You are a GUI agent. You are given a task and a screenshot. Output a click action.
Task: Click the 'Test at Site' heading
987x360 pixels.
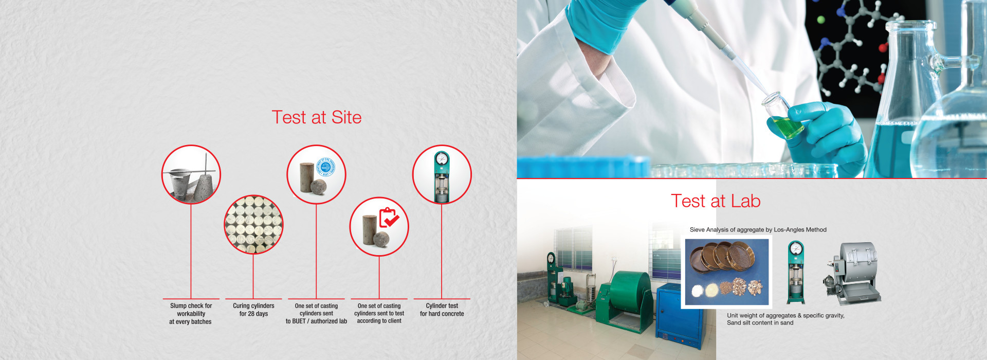317,117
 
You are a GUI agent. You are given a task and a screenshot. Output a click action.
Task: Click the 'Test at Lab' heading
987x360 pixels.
716,201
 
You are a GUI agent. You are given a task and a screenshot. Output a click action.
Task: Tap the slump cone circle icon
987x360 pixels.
191,174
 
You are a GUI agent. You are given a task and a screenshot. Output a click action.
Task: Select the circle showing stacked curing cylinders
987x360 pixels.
253,224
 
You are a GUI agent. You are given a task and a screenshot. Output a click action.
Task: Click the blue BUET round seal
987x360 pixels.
325,168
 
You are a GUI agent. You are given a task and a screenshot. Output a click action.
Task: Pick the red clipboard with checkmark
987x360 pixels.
389,218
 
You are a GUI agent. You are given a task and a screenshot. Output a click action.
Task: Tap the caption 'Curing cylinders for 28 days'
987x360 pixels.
253,310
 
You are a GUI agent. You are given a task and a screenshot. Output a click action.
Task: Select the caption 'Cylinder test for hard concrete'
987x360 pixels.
442,310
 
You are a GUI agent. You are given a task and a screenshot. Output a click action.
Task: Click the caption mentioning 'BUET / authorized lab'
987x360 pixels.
316,313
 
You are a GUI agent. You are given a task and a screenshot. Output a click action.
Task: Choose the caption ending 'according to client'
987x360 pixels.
379,313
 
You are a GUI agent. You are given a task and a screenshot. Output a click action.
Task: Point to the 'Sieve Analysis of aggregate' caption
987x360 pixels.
758,230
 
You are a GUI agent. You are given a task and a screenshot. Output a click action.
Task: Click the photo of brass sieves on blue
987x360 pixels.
727,272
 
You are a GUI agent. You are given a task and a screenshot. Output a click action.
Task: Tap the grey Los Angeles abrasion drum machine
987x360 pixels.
852,273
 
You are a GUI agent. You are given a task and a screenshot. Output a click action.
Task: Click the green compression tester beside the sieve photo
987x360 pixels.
796,273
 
